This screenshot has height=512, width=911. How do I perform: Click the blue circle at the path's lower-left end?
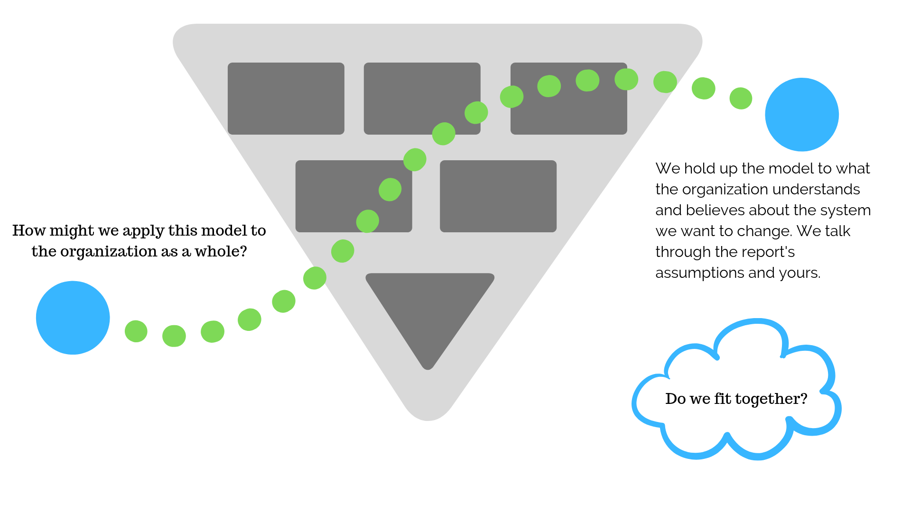pyautogui.click(x=73, y=318)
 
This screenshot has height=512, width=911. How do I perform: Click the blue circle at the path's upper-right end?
pyautogui.click(x=802, y=115)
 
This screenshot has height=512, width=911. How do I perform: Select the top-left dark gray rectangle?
pyautogui.click(x=286, y=99)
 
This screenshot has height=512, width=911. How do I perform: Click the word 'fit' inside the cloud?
pyautogui.click(x=723, y=399)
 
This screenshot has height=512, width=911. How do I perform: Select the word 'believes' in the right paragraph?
pyautogui.click(x=713, y=210)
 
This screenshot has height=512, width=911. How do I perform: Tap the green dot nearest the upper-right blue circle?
pyautogui.click(x=741, y=99)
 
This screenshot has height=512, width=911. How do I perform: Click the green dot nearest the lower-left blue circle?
pyautogui.click(x=136, y=331)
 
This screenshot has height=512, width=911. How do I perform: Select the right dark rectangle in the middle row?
pyautogui.click(x=498, y=196)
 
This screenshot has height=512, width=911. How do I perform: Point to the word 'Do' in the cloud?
pyautogui.click(x=675, y=399)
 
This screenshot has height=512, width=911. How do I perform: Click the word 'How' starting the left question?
pyautogui.click(x=28, y=231)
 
